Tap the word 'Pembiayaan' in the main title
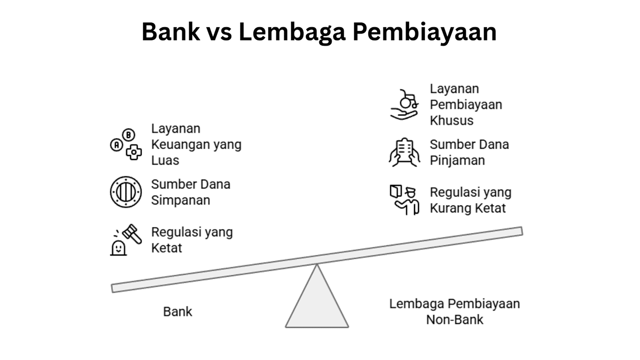(x=424, y=32)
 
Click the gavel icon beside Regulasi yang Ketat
(x=132, y=234)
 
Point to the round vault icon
(x=125, y=191)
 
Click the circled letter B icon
(x=128, y=135)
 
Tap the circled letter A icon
(x=116, y=145)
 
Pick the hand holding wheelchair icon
(x=404, y=104)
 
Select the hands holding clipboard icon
(x=404, y=152)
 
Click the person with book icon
(x=404, y=199)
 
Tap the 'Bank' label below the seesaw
(x=177, y=311)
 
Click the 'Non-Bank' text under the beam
(x=454, y=319)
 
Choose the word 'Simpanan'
(x=180, y=200)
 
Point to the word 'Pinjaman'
(x=457, y=160)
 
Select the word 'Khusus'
(x=451, y=120)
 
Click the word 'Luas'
(x=165, y=160)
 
